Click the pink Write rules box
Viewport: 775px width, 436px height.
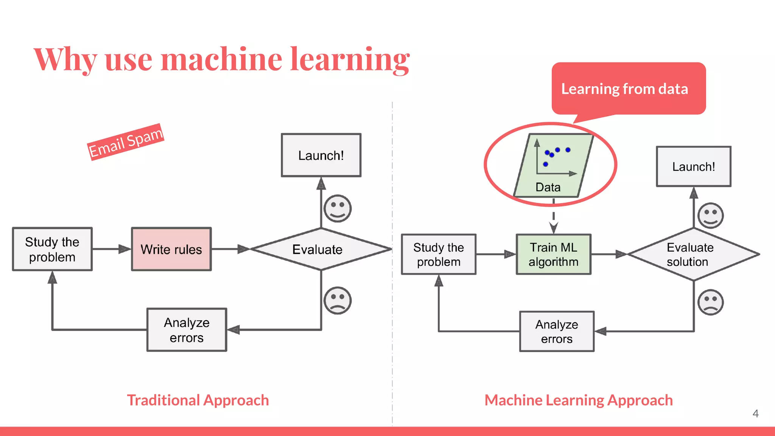point(171,249)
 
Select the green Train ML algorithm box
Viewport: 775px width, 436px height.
point(553,254)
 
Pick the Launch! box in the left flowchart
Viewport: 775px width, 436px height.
point(321,155)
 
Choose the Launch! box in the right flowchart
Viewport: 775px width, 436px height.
point(693,167)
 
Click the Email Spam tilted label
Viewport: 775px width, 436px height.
point(126,142)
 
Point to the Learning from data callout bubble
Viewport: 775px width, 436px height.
point(628,89)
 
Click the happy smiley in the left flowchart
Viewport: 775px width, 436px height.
point(338,208)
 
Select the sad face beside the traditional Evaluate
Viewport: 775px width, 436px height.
point(338,300)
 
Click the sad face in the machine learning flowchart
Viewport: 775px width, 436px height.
point(710,302)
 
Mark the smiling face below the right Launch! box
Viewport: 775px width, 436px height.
point(710,215)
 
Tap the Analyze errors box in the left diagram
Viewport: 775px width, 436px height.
point(187,330)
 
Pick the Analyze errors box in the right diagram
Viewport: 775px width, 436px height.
point(557,331)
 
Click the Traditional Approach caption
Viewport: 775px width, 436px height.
point(198,400)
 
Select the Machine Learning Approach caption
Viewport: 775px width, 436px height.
point(579,400)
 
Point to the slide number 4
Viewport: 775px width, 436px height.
point(755,413)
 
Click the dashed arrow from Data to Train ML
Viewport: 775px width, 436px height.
point(553,218)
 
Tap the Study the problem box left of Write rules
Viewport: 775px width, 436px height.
point(52,249)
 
